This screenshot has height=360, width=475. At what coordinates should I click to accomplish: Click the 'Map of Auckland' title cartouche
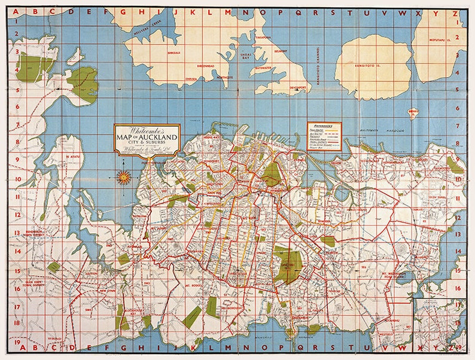click(x=147, y=140)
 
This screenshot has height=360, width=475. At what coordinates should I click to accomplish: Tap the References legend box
click(x=324, y=136)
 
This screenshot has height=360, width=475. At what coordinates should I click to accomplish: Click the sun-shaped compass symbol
click(x=124, y=176)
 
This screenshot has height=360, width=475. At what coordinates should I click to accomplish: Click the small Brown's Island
click(x=413, y=112)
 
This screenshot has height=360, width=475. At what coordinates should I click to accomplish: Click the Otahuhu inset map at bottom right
click(x=440, y=324)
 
